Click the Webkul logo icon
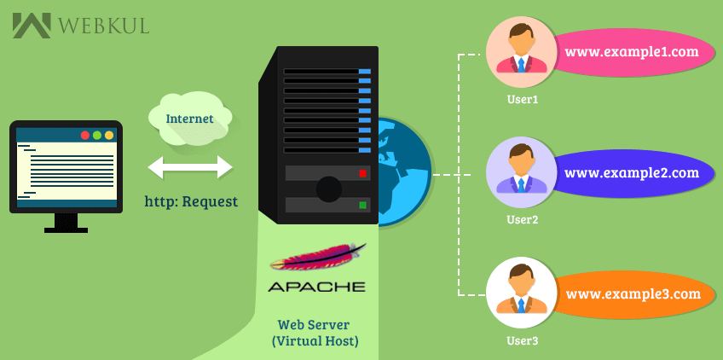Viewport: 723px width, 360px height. [31, 25]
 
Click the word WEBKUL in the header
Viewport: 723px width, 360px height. [103, 26]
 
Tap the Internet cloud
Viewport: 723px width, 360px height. [188, 118]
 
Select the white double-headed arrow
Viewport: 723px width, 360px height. [190, 167]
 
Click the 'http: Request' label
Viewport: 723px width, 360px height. [191, 202]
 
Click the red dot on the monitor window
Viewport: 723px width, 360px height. [85, 136]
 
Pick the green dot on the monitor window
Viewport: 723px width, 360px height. [97, 136]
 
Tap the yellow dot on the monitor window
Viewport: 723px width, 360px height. [109, 136]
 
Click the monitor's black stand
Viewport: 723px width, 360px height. [66, 224]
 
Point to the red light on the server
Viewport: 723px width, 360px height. [362, 173]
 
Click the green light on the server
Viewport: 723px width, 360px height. [362, 206]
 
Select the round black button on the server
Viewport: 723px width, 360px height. [328, 189]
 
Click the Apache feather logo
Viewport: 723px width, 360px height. [317, 258]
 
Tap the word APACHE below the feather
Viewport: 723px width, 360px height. [316, 287]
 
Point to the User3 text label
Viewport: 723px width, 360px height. [522, 340]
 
